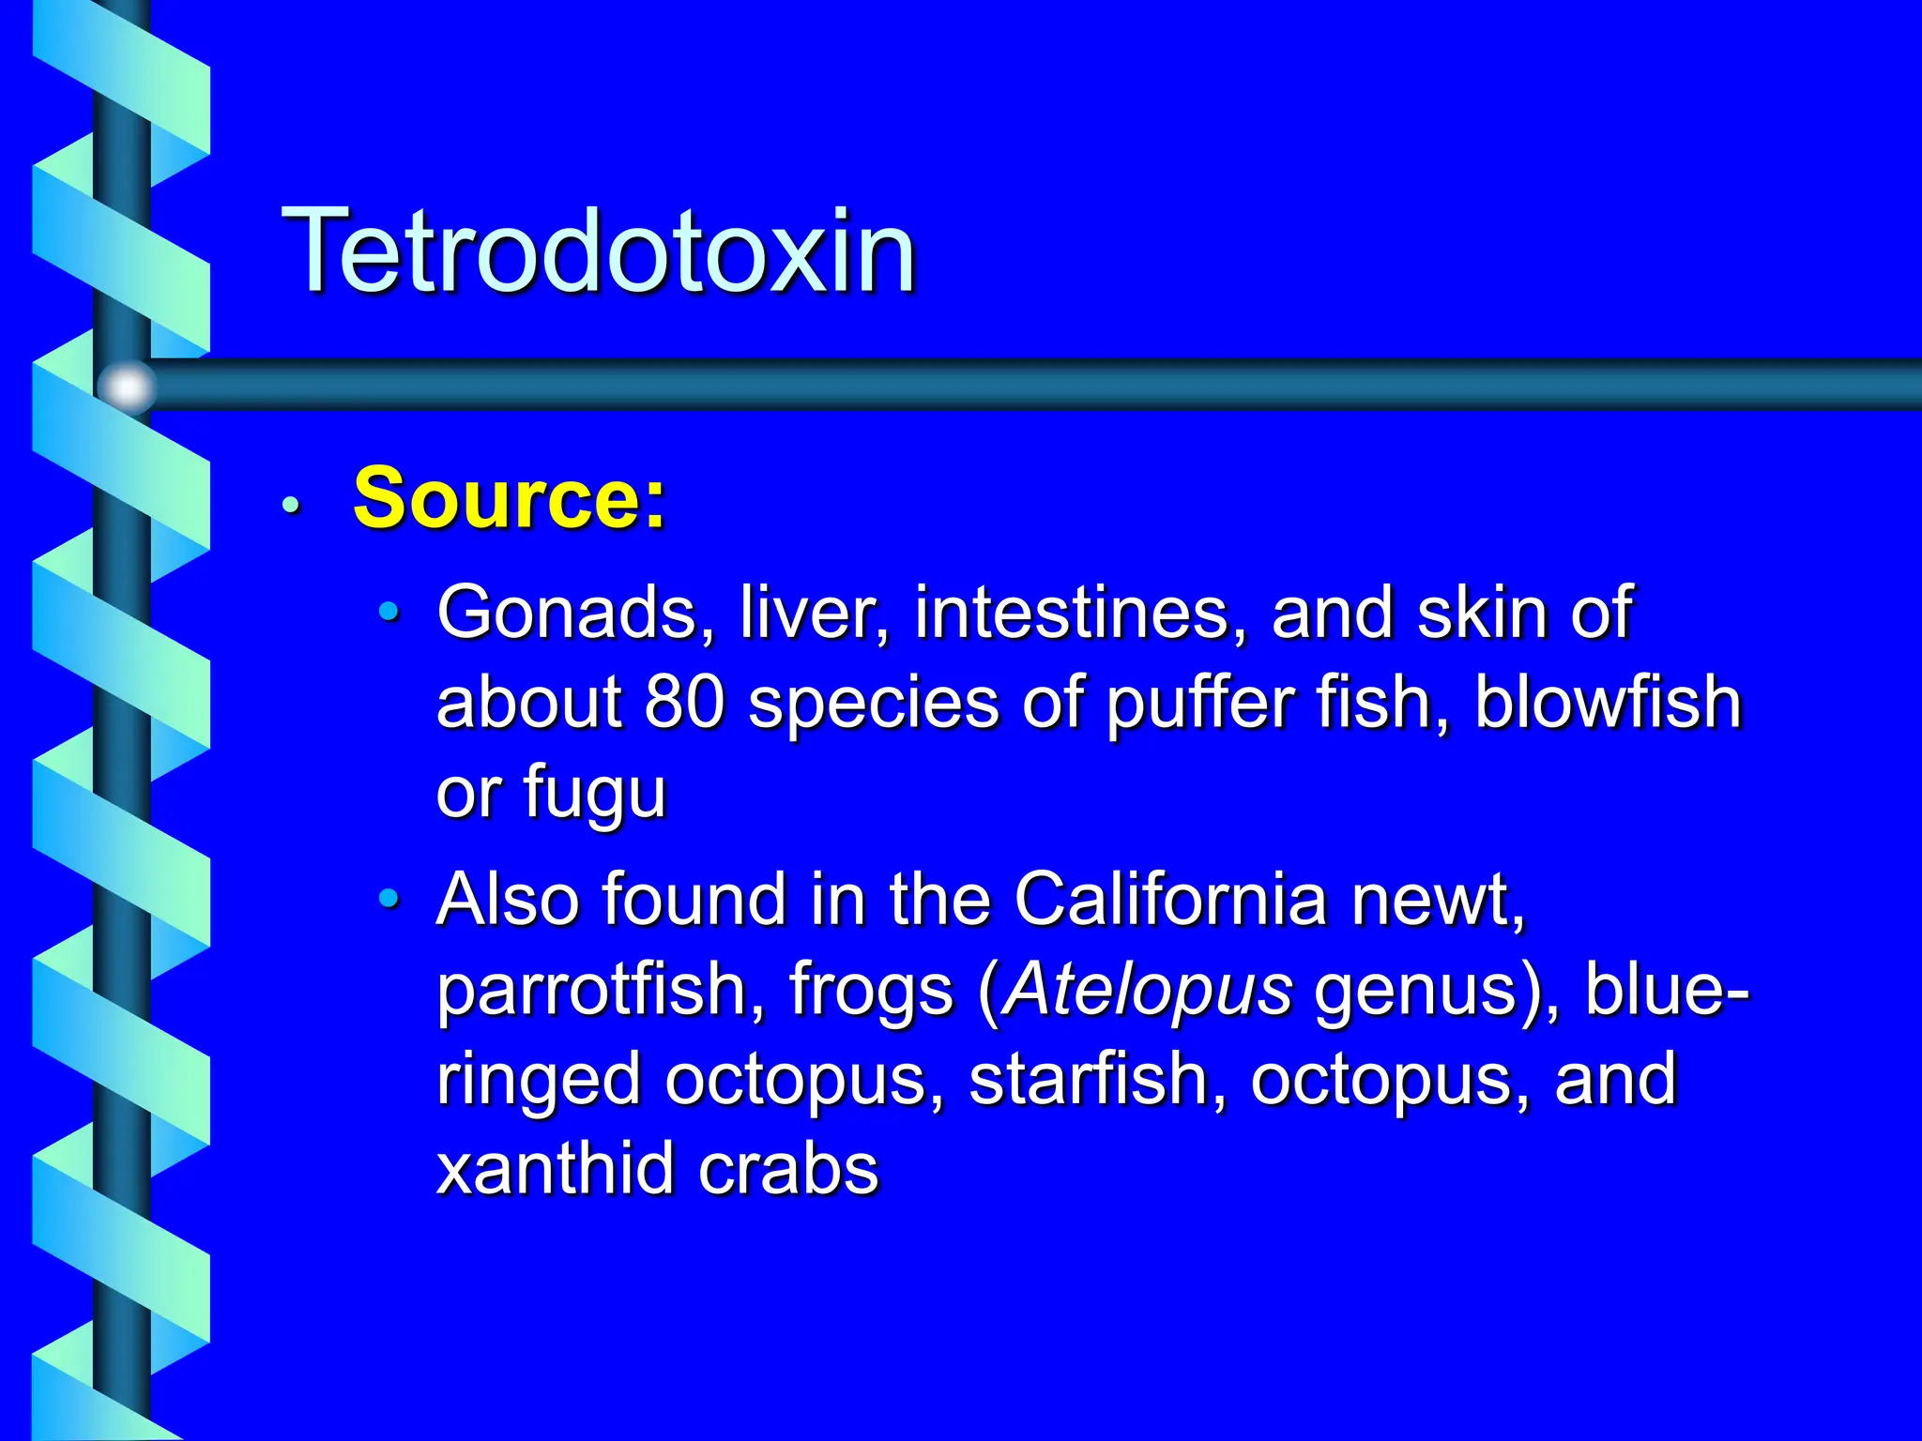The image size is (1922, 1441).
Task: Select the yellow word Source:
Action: click(x=509, y=498)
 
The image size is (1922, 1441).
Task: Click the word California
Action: click(x=1170, y=899)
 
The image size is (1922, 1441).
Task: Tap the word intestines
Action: click(x=1080, y=613)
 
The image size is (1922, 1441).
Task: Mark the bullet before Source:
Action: click(x=292, y=505)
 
